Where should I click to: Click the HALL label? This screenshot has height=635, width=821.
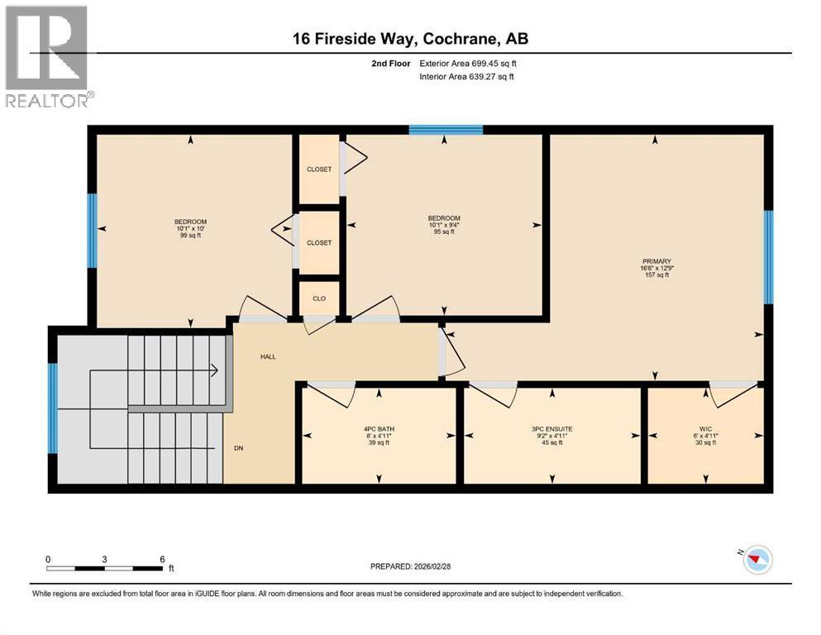point(268,356)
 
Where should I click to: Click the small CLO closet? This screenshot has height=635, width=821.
point(318,299)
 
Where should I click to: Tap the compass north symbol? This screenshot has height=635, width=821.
point(757,561)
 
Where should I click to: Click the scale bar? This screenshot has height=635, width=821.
point(104,568)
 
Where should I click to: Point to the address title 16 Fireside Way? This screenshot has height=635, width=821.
point(410,39)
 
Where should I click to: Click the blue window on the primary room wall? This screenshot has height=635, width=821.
point(768,257)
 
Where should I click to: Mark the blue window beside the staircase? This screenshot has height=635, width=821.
point(52,408)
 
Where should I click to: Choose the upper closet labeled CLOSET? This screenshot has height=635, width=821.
point(318,169)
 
